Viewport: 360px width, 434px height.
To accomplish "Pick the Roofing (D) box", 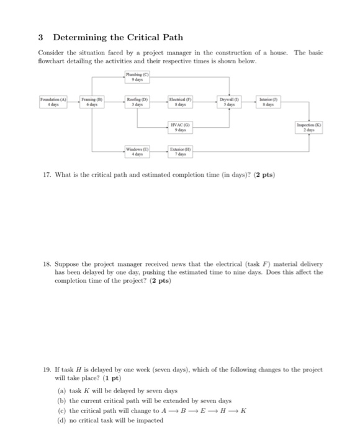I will coord(135,102).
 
